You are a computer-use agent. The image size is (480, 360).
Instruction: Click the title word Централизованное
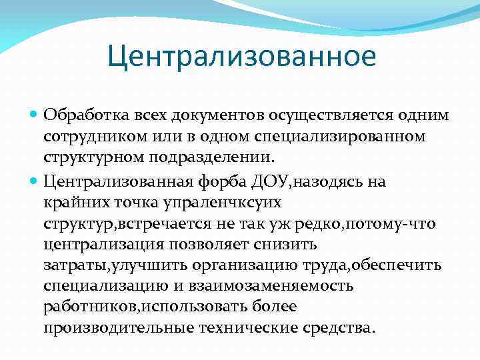point(242,57)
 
